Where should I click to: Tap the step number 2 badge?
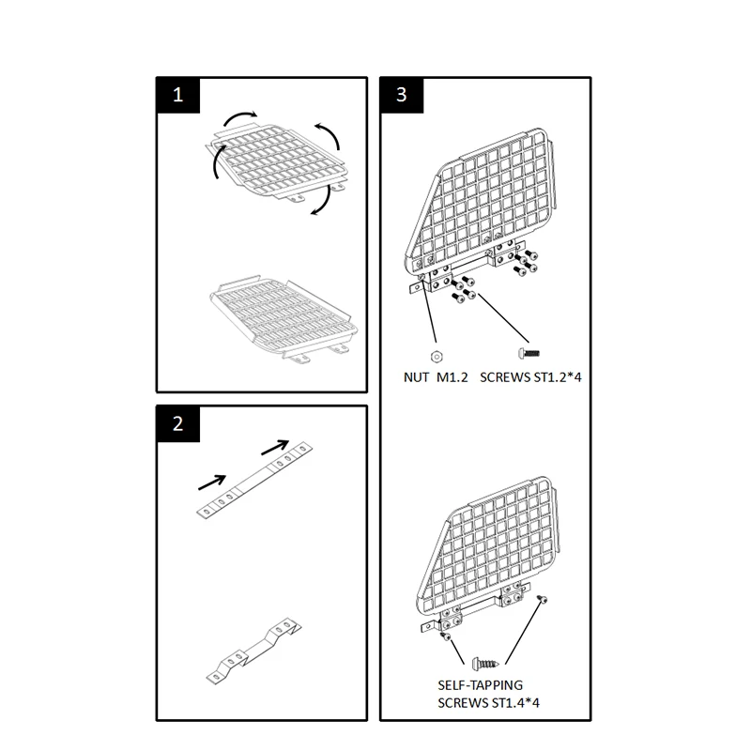click(178, 424)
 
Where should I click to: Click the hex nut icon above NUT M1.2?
click(437, 355)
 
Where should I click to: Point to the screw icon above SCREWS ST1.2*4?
click(527, 354)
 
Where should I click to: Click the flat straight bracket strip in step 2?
click(254, 480)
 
